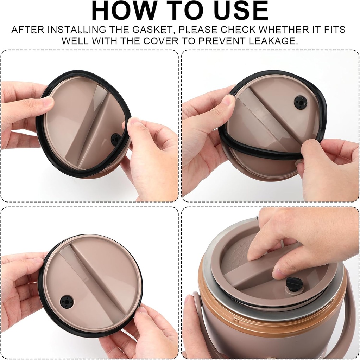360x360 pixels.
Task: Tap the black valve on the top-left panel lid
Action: [115, 139]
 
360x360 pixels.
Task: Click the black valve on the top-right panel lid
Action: [301, 102]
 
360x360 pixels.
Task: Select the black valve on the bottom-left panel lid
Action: [67, 302]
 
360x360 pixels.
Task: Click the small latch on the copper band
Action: [235, 320]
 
